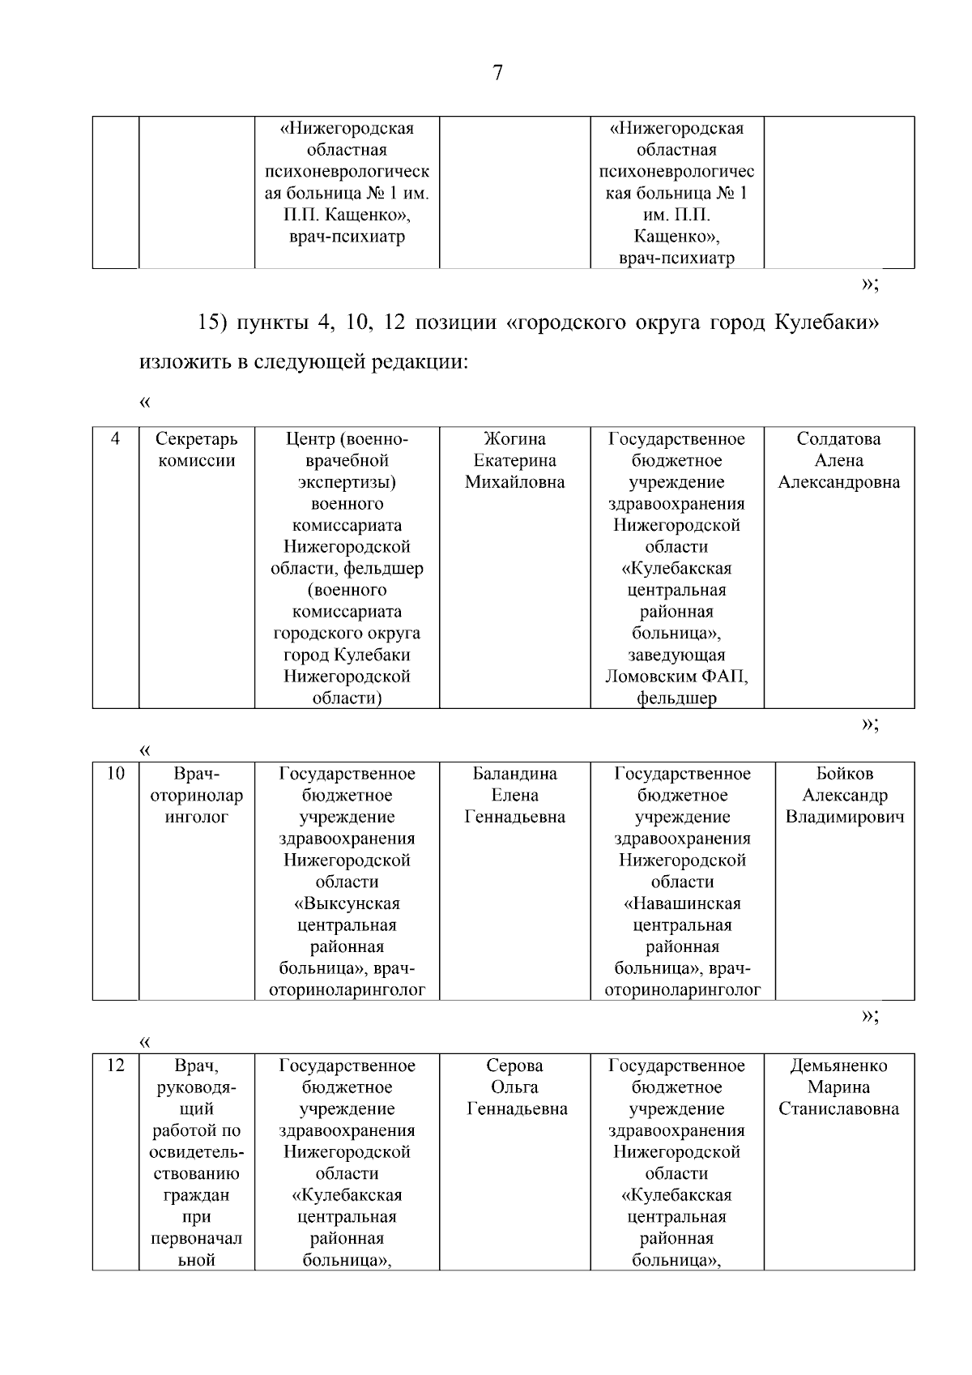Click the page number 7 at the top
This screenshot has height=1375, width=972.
point(497,73)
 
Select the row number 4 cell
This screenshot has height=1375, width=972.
point(116,439)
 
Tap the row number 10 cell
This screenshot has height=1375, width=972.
point(116,774)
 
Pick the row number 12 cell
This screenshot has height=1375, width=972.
point(116,1065)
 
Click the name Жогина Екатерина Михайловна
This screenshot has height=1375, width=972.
point(514,460)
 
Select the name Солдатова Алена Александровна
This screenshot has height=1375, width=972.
point(838,460)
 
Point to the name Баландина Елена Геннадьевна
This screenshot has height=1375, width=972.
point(514,795)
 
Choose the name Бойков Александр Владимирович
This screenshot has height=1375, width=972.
point(844,795)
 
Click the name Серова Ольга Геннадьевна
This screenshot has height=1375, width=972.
point(514,1087)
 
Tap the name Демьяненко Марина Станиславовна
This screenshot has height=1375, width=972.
point(838,1087)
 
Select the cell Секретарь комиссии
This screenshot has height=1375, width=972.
point(196,450)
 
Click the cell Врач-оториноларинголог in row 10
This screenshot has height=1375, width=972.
point(196,795)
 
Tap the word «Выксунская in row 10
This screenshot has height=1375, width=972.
point(347,903)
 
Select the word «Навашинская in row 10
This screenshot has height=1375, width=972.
point(682,903)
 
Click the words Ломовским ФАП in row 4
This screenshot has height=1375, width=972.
point(676,676)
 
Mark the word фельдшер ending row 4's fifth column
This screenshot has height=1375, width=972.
point(676,698)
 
